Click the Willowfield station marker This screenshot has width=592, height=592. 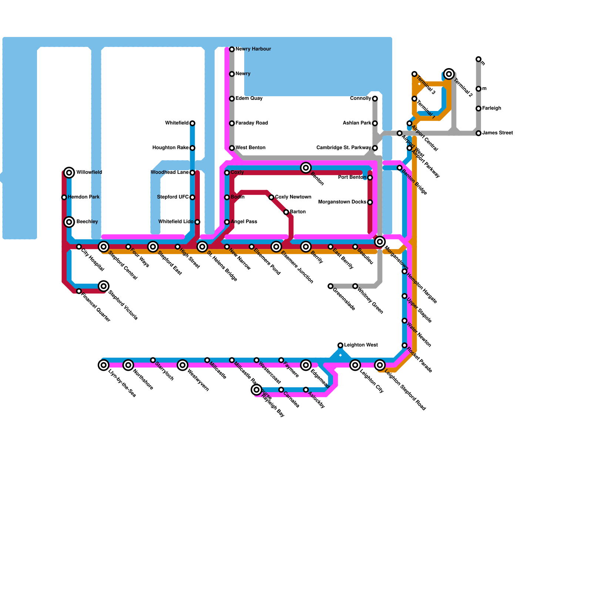[69, 172]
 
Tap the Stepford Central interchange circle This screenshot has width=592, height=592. [104, 247]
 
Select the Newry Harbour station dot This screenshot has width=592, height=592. [232, 49]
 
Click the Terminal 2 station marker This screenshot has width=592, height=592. [449, 74]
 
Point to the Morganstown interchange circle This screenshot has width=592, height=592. [380, 242]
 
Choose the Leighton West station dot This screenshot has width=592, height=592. [340, 345]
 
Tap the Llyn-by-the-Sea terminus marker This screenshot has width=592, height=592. [104, 365]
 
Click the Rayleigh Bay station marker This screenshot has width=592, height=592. [256, 390]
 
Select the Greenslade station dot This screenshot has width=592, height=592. [330, 286]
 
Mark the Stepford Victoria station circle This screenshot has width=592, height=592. [104, 286]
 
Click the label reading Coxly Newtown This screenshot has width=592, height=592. [293, 197]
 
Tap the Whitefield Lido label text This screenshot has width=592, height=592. [176, 222]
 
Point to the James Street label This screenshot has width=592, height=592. [497, 133]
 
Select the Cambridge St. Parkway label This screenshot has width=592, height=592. [344, 148]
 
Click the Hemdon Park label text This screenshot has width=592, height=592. [84, 197]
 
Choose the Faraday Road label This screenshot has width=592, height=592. [252, 123]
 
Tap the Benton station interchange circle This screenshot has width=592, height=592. [306, 168]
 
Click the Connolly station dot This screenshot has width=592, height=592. [375, 99]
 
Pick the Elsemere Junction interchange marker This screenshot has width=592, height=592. [276, 247]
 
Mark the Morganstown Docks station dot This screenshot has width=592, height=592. [370, 202]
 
